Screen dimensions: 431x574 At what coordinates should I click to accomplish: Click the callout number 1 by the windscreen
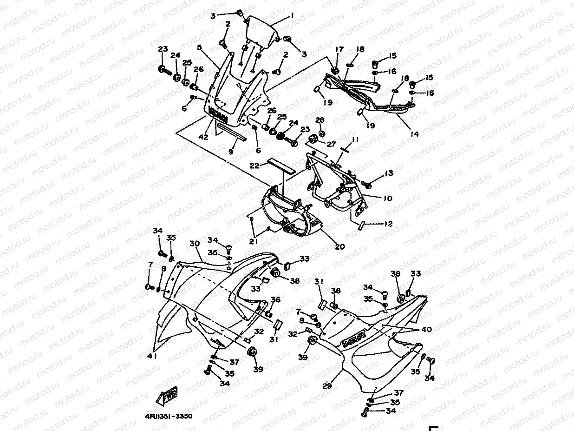point(292,15)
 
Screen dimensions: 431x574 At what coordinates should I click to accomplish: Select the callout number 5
point(199,47)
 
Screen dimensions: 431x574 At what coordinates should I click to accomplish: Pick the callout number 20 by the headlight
point(340,246)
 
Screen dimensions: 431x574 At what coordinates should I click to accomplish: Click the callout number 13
point(389,173)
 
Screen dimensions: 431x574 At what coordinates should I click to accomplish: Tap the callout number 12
point(388,224)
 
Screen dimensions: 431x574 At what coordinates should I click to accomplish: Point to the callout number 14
point(414,134)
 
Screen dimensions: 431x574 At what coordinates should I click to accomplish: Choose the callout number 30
point(194,244)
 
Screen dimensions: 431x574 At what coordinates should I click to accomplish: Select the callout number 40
point(426,329)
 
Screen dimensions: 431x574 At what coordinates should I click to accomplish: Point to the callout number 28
point(320,120)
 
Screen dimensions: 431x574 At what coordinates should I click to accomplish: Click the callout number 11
point(355,140)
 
